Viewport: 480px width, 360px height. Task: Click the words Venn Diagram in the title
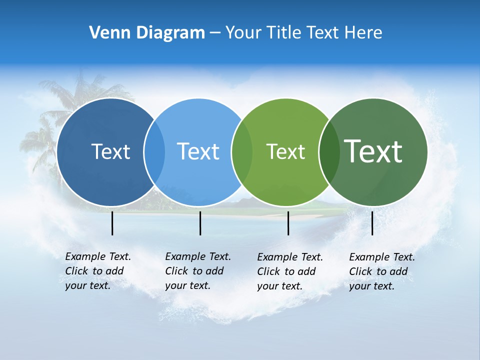click(147, 33)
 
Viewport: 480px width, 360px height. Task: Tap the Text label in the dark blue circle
click(110, 151)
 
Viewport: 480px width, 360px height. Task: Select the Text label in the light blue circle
click(198, 151)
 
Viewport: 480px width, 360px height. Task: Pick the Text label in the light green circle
click(285, 151)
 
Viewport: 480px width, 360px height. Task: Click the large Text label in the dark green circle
click(373, 151)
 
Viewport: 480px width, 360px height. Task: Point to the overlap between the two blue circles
click(154, 152)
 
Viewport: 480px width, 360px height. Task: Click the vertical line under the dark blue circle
click(112, 223)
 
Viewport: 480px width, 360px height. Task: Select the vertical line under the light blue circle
click(200, 223)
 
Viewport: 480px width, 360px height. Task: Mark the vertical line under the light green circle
click(288, 223)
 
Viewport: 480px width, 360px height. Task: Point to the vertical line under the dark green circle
click(372, 223)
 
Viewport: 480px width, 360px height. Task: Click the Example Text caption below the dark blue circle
click(97, 271)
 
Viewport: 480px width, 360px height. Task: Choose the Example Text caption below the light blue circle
click(197, 271)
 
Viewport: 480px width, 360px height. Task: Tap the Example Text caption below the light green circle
click(289, 271)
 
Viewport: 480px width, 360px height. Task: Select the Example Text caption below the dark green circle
click(381, 271)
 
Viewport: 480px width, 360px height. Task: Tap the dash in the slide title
click(215, 33)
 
